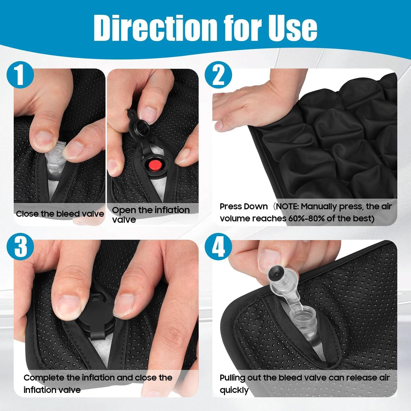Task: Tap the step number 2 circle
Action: pyautogui.click(x=218, y=75)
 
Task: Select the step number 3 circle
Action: pyautogui.click(x=20, y=246)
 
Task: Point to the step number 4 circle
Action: pyautogui.click(x=218, y=246)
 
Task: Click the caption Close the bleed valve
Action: pyautogui.click(x=60, y=214)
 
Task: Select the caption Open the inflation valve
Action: pyautogui.click(x=151, y=215)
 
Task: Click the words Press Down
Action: pyautogui.click(x=244, y=206)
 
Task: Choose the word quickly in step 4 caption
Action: pyautogui.click(x=234, y=390)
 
